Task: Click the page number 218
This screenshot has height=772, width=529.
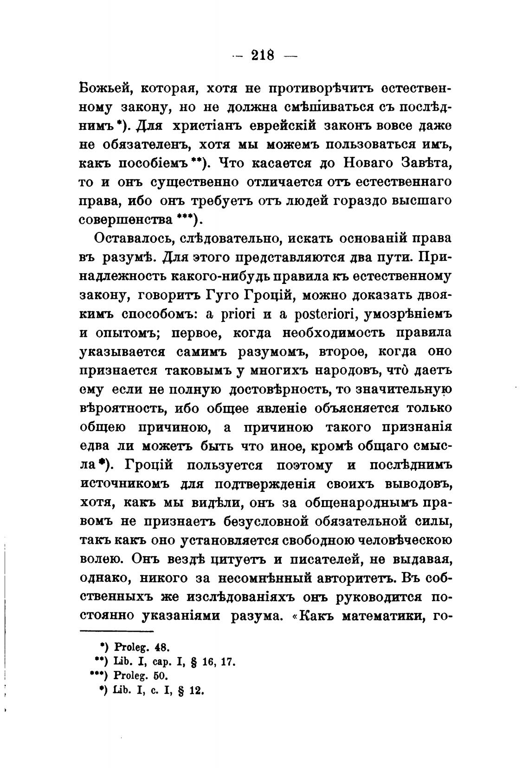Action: tap(263, 56)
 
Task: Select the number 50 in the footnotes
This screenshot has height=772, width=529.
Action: tap(159, 676)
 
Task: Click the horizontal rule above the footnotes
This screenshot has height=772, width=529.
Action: tap(116, 632)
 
